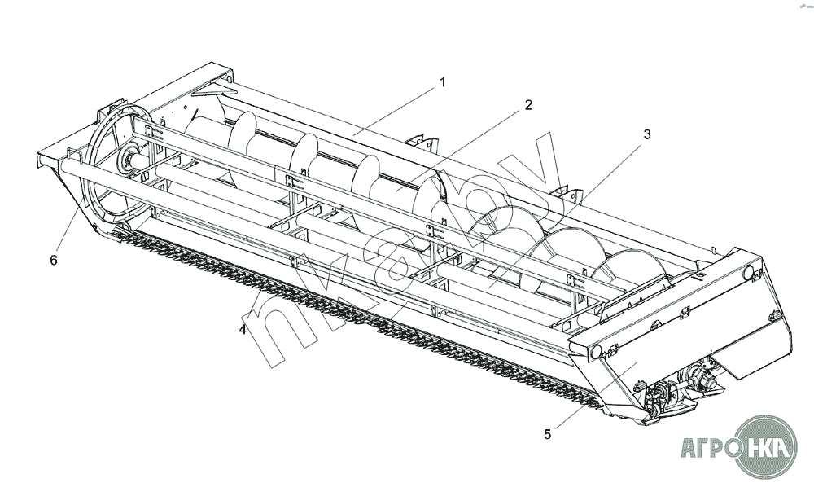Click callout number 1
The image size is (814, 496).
[443, 81]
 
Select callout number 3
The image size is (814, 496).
[647, 135]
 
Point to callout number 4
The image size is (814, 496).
[243, 330]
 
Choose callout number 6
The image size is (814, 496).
[54, 261]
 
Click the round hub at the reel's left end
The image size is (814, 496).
[127, 160]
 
